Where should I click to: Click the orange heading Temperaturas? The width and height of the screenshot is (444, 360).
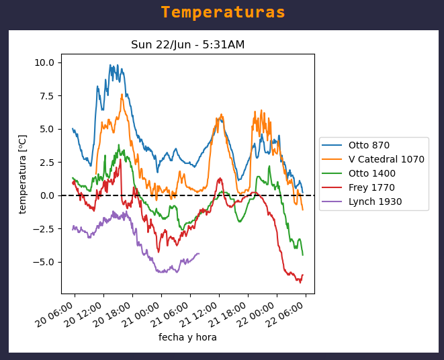point(222,13)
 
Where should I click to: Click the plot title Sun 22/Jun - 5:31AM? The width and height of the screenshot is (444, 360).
point(187,45)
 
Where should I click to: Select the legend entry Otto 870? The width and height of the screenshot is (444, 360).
point(369,145)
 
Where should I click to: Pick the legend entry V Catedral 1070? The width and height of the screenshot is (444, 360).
point(386,159)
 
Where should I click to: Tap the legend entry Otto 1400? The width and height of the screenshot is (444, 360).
point(371,173)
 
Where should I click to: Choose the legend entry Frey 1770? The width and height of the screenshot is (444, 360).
point(371,187)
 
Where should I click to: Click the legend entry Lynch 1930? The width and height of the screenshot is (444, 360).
point(375,201)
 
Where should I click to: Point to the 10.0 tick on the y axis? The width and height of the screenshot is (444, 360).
point(44,62)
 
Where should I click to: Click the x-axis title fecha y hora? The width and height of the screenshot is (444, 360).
point(187,337)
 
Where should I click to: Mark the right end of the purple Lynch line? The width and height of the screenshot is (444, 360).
point(199,253)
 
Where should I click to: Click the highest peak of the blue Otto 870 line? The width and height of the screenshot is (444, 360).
point(110,65)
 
